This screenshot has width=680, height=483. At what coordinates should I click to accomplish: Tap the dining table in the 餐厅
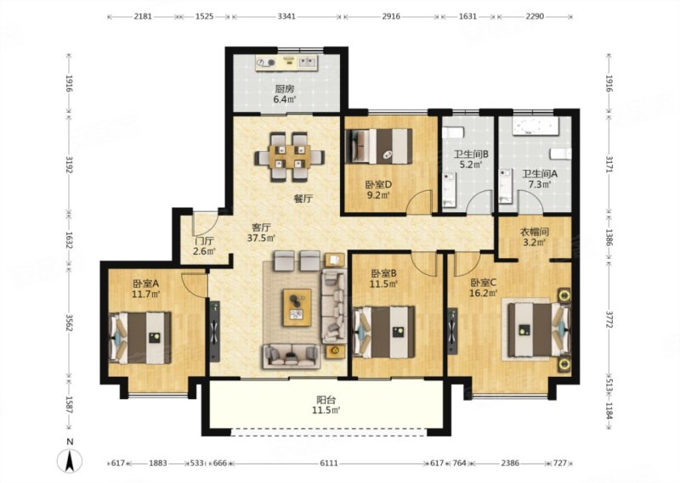click(290, 156)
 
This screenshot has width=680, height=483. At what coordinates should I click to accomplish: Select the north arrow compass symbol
click(70, 460)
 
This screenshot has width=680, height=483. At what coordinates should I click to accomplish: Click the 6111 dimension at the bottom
click(329, 463)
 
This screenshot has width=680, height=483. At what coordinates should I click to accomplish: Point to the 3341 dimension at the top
click(286, 16)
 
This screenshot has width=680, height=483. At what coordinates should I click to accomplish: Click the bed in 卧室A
click(139, 339)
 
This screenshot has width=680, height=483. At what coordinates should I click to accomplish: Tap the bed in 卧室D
click(378, 146)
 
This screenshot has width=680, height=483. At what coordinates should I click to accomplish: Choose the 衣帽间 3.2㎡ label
click(535, 237)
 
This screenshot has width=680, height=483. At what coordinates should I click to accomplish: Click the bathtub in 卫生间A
click(535, 126)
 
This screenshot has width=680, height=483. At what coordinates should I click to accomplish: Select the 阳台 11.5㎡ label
click(326, 405)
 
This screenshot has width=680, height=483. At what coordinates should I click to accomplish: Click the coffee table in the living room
click(297, 307)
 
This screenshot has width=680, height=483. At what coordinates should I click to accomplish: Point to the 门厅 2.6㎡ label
click(204, 246)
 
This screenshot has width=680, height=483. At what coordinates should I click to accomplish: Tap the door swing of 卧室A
click(194, 285)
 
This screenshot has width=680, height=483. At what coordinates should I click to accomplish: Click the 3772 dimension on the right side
click(609, 319)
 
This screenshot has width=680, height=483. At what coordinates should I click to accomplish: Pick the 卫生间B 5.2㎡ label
click(472, 159)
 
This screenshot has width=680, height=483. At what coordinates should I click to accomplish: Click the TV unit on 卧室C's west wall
click(452, 331)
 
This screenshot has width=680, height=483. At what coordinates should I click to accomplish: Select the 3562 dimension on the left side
click(69, 320)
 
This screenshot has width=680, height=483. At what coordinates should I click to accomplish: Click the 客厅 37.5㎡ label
click(261, 233)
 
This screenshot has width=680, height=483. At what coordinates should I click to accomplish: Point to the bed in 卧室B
click(384, 331)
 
